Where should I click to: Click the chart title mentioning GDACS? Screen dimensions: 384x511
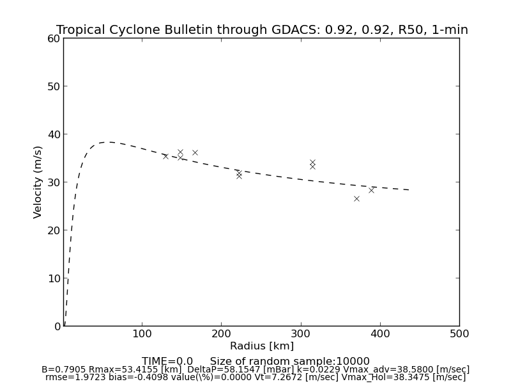[x=262, y=30]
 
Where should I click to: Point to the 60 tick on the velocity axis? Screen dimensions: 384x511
[x=53, y=38]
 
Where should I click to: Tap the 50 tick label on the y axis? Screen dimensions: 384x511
[x=53, y=86]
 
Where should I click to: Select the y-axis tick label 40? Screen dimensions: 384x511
[x=53, y=134]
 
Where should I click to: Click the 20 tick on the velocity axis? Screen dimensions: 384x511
[x=53, y=230]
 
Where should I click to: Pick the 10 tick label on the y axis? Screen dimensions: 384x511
[x=53, y=278]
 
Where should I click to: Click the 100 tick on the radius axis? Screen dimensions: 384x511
[x=142, y=333]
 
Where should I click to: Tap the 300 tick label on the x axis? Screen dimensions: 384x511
[x=301, y=333]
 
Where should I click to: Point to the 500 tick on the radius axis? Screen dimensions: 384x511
[x=459, y=333]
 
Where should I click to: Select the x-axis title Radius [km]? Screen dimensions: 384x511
[x=262, y=346]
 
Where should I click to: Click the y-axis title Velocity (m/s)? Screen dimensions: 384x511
[x=38, y=182]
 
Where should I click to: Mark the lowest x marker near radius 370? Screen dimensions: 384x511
[x=356, y=198]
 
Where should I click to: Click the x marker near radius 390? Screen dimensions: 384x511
[x=371, y=190]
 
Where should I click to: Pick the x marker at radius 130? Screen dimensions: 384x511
[x=165, y=156]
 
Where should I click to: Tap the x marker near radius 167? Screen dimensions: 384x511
[x=195, y=152]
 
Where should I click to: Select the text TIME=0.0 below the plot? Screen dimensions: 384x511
[x=167, y=362]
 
